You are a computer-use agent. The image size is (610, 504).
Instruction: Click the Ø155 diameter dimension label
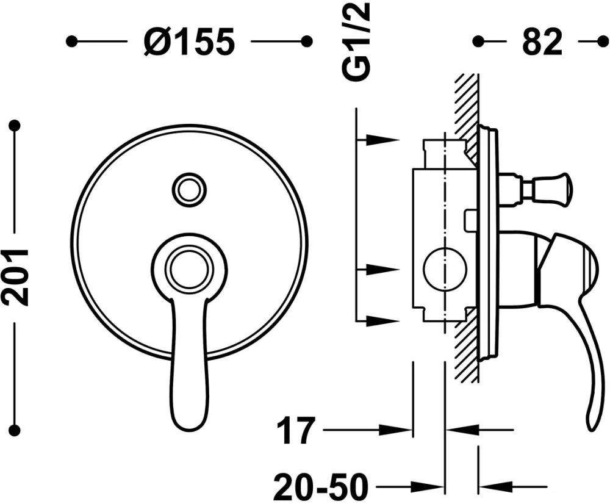coord(189,41)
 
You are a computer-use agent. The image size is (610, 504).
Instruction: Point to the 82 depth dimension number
coord(542,41)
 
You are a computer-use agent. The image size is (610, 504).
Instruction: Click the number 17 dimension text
coord(295,431)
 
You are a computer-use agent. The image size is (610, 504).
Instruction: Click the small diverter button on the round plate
coord(190,189)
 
